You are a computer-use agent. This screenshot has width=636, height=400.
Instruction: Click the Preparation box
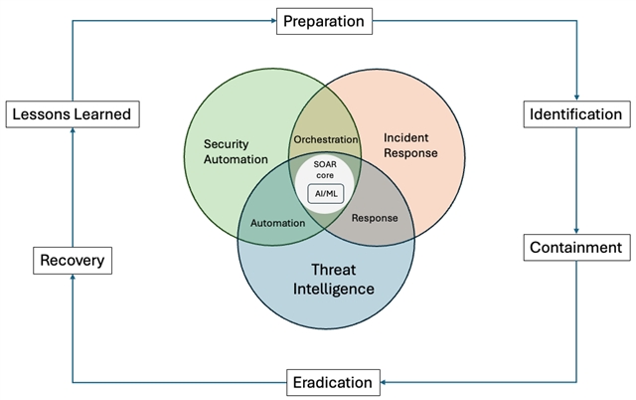pos(323,20)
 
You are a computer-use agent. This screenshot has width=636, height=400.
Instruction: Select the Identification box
pos(576,114)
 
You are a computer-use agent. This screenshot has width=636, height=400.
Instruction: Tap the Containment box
pos(576,247)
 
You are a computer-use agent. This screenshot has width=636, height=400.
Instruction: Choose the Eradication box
pos(333,382)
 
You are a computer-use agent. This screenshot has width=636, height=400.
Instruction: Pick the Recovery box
pos(72,262)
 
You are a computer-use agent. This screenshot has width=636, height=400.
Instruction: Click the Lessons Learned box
pos(72,114)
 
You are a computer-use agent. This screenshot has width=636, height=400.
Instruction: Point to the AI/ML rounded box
pos(326,193)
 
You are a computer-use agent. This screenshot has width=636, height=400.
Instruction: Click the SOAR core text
pos(325,169)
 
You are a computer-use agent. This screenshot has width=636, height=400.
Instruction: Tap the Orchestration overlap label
pos(325,139)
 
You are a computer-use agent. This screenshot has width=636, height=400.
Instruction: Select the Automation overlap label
pos(277,223)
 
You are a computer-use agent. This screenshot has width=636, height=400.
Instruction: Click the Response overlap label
pos(375,218)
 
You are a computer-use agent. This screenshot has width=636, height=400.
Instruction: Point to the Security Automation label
pos(236,151)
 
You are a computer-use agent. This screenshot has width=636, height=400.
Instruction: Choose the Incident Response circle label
pos(409,144)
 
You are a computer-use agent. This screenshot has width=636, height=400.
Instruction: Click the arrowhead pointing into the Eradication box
pos(386,382)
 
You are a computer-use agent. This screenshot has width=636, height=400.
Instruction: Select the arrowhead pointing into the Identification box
pos(576,98)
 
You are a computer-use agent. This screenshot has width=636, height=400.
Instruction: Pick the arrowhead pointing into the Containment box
pos(576,230)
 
